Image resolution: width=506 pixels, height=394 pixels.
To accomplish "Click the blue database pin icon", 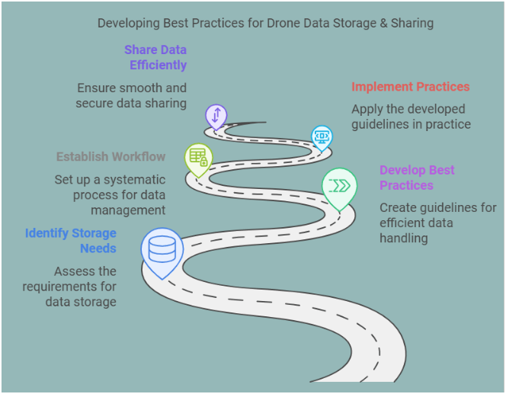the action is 162,248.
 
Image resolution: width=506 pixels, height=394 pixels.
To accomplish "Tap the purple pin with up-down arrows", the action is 216,116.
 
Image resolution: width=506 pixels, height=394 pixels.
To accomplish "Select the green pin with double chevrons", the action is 338,186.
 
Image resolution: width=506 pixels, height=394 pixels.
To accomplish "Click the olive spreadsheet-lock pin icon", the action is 198,158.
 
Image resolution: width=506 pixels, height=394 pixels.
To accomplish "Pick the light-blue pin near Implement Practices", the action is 322,137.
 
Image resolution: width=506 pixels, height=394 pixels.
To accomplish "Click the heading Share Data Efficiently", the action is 157,57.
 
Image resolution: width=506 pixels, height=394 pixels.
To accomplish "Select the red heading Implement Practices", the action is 410,87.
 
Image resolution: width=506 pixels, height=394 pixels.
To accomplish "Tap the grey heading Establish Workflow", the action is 110,156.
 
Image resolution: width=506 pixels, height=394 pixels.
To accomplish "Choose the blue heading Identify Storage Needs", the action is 71,240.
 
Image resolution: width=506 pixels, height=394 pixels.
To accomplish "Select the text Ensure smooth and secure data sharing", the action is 131,95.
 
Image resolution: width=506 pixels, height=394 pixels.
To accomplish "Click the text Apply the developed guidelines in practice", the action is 411,116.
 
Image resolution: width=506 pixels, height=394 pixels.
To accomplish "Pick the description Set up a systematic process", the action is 110,194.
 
